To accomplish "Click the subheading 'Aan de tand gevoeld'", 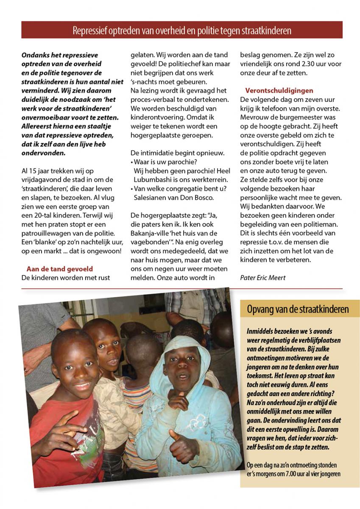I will (59, 269).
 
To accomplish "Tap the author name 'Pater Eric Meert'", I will (262, 278).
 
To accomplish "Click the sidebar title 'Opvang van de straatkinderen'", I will (298, 309).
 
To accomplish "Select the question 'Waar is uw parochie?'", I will (165, 162).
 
